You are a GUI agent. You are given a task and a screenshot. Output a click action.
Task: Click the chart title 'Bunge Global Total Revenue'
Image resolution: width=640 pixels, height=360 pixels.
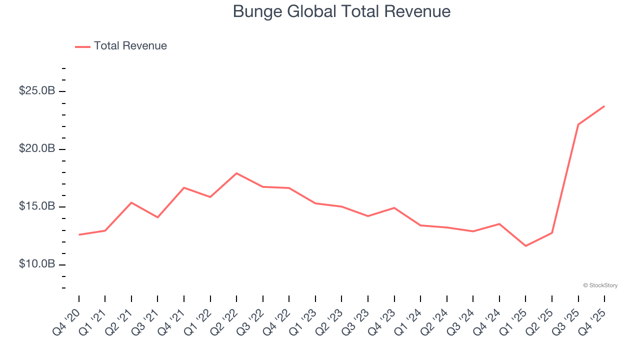(341, 11)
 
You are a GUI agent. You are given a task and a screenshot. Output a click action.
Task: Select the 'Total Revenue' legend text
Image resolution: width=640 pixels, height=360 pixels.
(130, 46)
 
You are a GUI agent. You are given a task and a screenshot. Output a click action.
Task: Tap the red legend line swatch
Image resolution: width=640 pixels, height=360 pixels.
(82, 46)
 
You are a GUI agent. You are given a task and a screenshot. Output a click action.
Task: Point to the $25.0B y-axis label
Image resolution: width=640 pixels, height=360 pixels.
(37, 91)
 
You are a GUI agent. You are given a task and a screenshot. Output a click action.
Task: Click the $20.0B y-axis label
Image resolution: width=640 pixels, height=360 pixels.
(37, 149)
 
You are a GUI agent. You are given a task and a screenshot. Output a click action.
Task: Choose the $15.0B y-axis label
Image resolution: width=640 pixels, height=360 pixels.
(37, 206)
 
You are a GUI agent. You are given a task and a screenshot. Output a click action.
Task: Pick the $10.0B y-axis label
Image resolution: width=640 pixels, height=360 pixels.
(37, 264)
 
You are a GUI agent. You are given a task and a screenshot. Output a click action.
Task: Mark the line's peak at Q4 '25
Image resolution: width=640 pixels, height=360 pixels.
(604, 106)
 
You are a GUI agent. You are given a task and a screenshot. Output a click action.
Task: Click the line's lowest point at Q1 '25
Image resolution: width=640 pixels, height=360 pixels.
(525, 246)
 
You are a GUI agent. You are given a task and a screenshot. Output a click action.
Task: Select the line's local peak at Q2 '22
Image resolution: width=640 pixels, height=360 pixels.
(236, 173)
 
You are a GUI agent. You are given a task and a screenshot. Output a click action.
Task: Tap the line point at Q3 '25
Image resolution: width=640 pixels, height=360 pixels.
(578, 124)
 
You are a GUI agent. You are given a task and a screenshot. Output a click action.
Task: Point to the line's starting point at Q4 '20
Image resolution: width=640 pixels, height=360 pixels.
(79, 234)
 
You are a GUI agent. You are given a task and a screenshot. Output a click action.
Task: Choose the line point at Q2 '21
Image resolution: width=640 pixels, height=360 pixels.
(131, 202)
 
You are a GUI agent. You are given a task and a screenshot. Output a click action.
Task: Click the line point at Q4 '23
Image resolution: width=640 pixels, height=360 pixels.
(394, 207)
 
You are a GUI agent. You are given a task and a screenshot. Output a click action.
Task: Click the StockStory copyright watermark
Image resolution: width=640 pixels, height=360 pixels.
(600, 285)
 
